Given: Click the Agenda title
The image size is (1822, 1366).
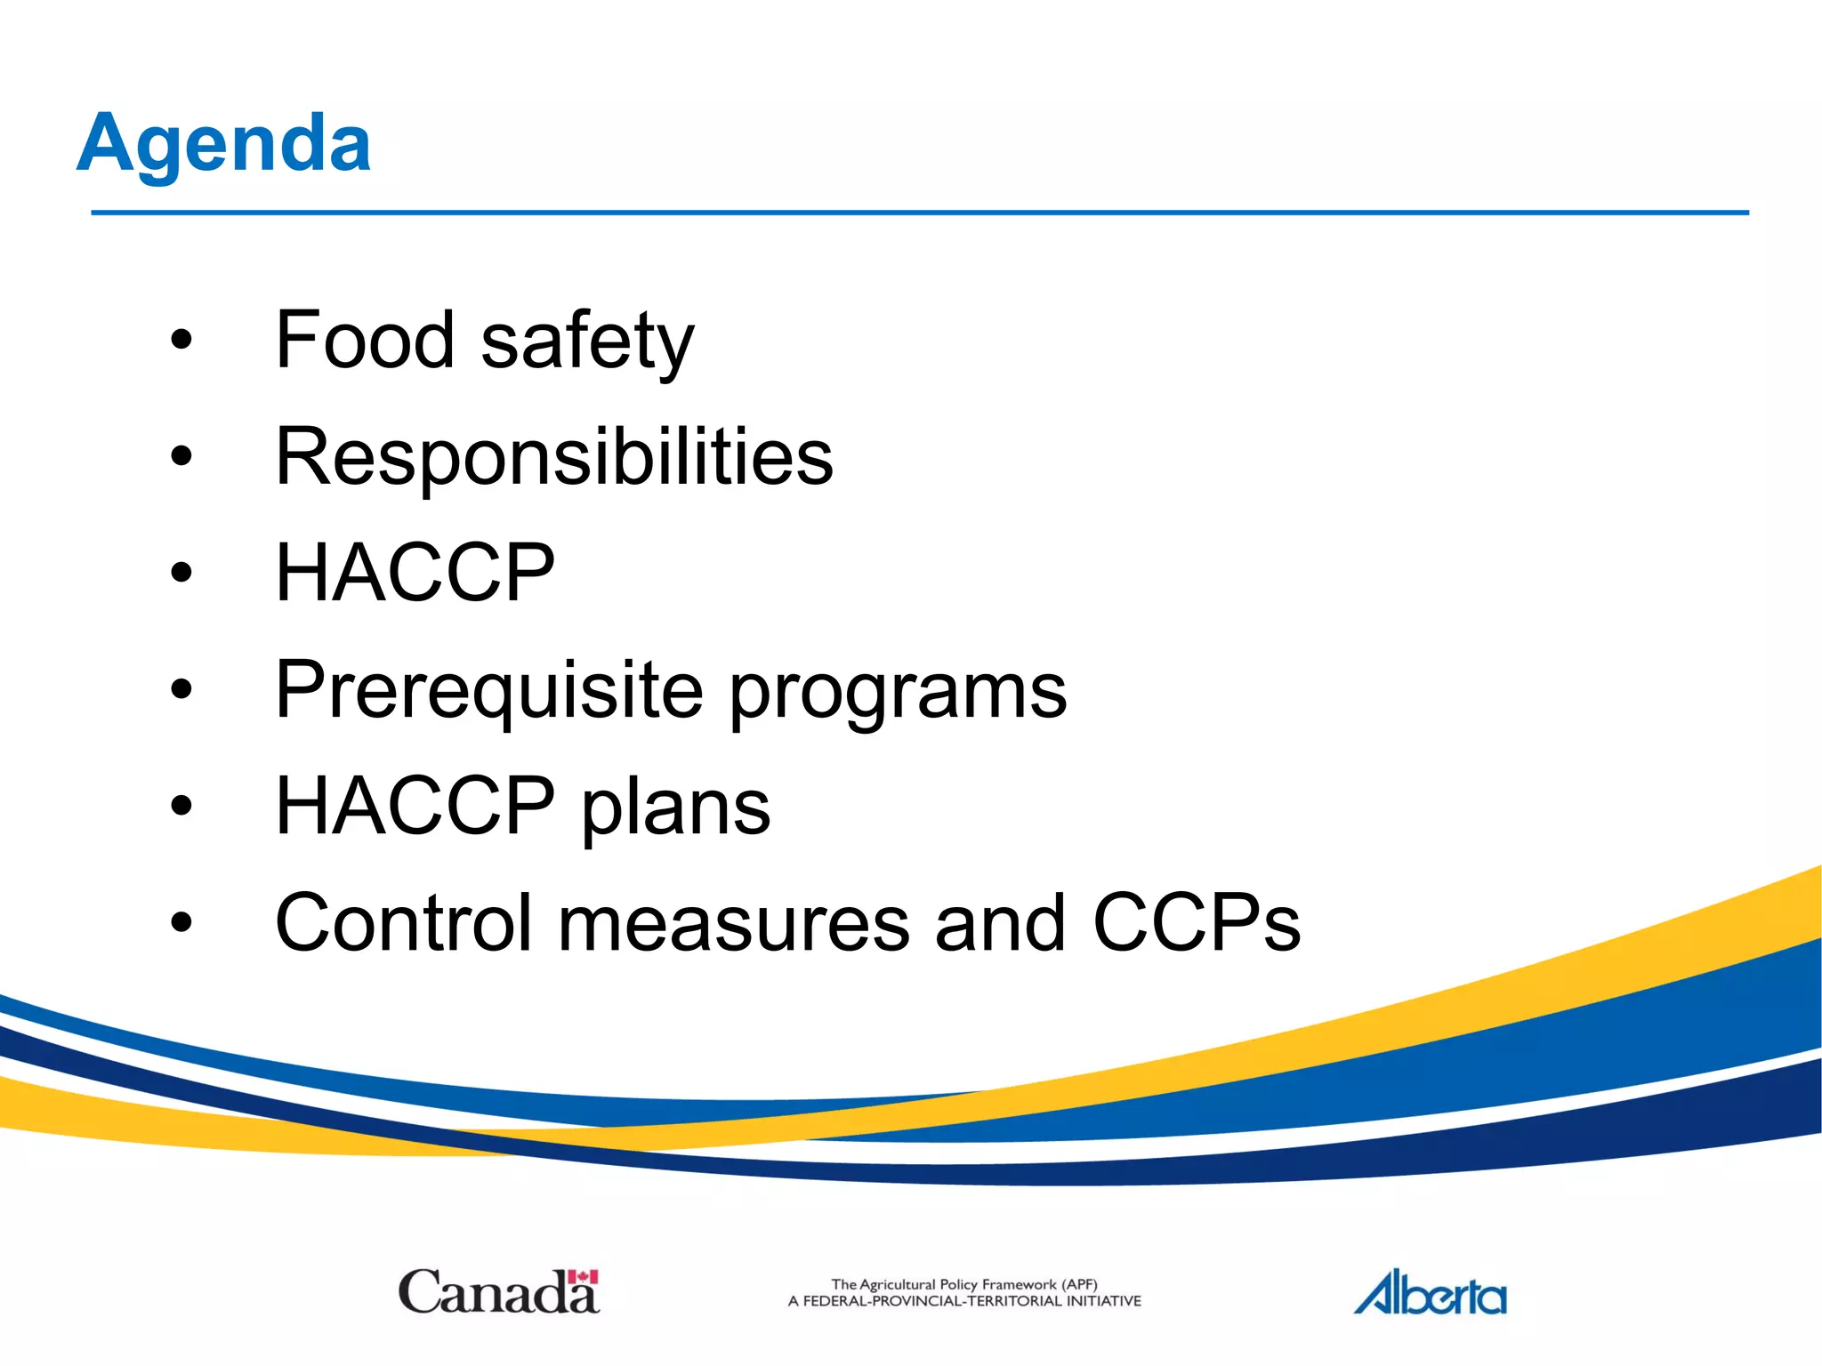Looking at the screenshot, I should [224, 144].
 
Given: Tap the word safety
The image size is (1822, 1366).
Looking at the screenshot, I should [587, 343].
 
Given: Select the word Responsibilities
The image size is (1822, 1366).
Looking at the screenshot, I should [554, 457].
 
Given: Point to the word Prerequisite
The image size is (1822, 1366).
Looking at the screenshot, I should [489, 692].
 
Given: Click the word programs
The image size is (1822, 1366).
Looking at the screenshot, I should [899, 694].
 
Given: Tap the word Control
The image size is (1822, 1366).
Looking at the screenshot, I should [403, 923].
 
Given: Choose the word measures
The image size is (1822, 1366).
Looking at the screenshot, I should [734, 925].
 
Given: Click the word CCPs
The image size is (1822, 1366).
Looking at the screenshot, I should [1197, 923].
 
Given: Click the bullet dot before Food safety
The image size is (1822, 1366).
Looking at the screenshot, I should [181, 340].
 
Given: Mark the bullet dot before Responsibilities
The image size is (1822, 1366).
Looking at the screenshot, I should [181, 456].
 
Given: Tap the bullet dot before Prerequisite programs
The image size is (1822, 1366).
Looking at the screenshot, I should [181, 689].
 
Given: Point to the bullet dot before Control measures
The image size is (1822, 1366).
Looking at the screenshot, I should [181, 922].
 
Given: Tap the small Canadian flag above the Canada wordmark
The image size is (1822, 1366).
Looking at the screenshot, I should [583, 1277].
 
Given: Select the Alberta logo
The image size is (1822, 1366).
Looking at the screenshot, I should [1431, 1294].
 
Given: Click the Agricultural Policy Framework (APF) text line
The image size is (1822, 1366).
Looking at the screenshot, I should [964, 1284].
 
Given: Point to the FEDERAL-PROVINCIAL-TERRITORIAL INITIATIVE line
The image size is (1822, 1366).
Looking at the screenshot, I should [964, 1301].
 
